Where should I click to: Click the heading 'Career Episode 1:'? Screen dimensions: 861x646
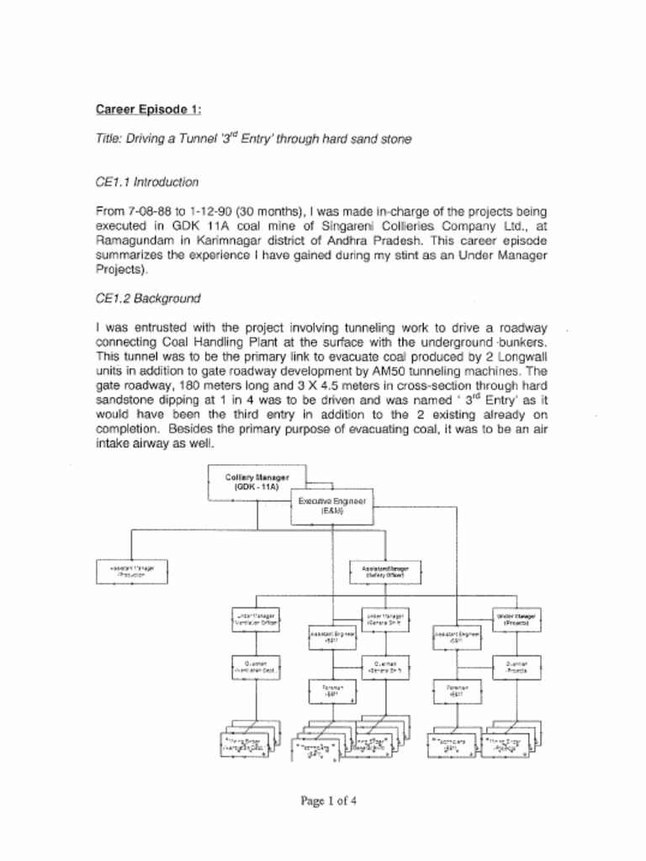(x=149, y=109)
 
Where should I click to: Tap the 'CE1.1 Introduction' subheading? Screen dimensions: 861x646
(x=147, y=182)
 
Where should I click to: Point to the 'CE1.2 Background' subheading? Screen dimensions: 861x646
(x=146, y=298)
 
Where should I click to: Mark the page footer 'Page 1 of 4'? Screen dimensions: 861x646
(x=329, y=800)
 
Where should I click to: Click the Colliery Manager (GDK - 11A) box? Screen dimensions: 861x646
(x=257, y=481)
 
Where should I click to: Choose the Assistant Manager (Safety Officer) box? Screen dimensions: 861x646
(x=384, y=572)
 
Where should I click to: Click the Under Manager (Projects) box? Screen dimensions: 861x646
(x=516, y=621)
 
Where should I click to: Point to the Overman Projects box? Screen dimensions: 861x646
(x=516, y=667)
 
